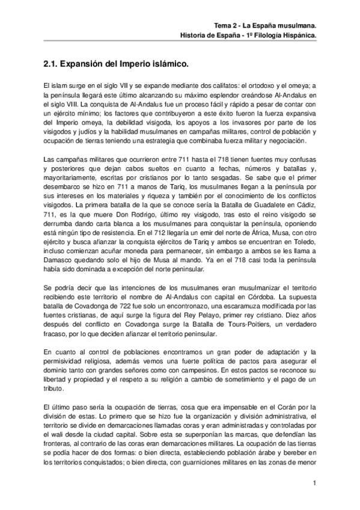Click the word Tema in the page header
click(224, 26)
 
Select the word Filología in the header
click(269, 35)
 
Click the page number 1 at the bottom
click(314, 483)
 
